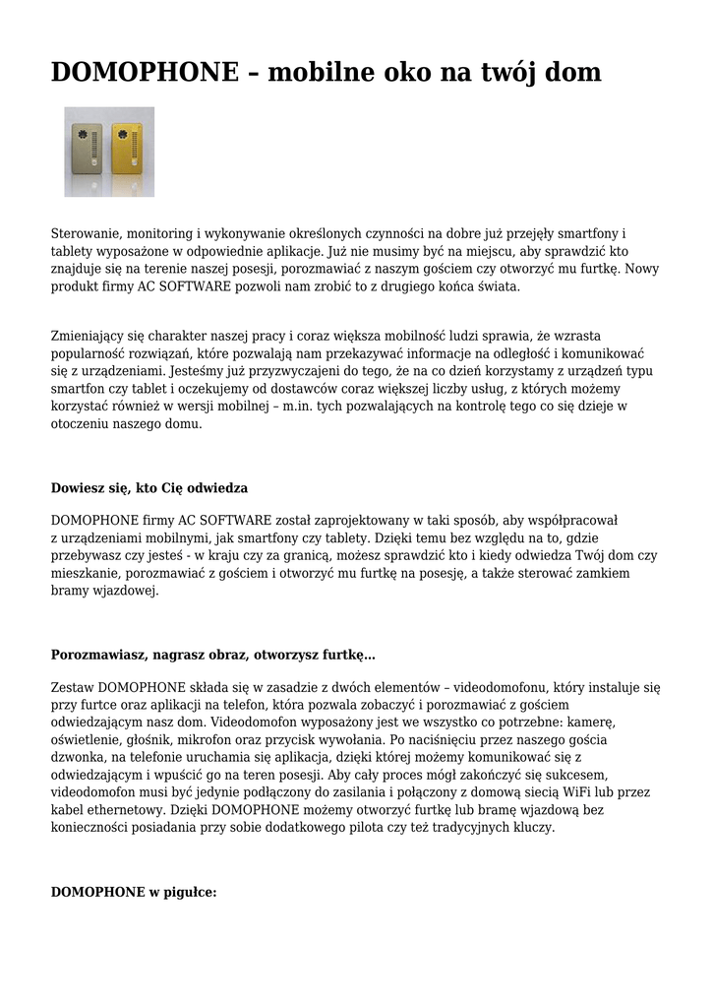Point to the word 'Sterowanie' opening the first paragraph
(86, 233)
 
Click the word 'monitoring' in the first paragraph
(160, 233)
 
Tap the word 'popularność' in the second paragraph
(94, 353)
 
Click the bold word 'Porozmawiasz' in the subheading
(97, 655)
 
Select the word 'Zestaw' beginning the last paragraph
(73, 687)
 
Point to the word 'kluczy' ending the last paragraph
(532, 828)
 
